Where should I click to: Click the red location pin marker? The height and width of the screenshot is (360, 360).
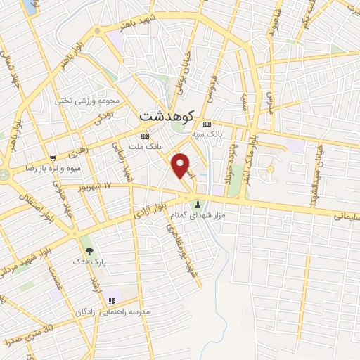click(x=181, y=164)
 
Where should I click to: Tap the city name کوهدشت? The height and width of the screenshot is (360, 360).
click(x=167, y=114)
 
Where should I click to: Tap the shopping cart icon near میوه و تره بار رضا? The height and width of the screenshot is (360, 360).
click(x=53, y=157)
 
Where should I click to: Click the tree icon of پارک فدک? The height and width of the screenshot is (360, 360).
click(x=88, y=249)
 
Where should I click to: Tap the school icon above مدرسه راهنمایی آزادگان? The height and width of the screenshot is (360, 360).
click(x=111, y=300)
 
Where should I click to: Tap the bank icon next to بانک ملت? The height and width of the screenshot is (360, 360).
click(x=145, y=136)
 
